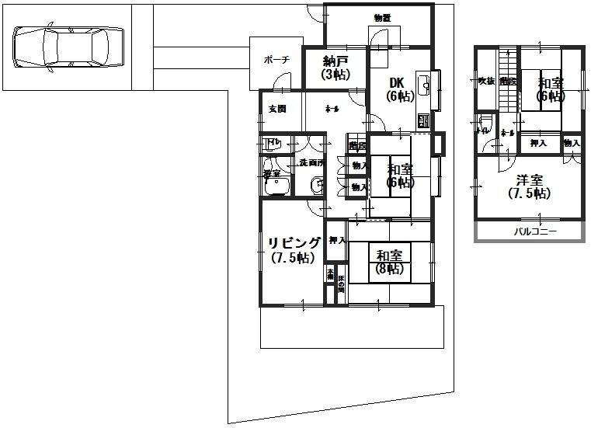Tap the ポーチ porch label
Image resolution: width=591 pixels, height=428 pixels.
(276, 59)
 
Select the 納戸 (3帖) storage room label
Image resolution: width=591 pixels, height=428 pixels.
(335, 68)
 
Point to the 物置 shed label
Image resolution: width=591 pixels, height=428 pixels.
(381, 18)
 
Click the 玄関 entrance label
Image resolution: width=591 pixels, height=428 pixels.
(277, 109)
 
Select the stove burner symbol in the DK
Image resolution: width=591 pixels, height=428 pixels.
(424, 120)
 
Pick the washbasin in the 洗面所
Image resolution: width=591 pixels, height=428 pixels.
(317, 185)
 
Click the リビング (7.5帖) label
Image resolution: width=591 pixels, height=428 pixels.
(294, 250)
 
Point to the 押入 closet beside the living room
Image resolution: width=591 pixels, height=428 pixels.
(336, 241)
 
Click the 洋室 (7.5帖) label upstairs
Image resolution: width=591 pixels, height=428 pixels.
(530, 186)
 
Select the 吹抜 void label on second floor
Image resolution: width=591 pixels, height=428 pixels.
(486, 81)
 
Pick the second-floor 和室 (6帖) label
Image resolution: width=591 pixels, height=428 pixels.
(551, 89)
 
